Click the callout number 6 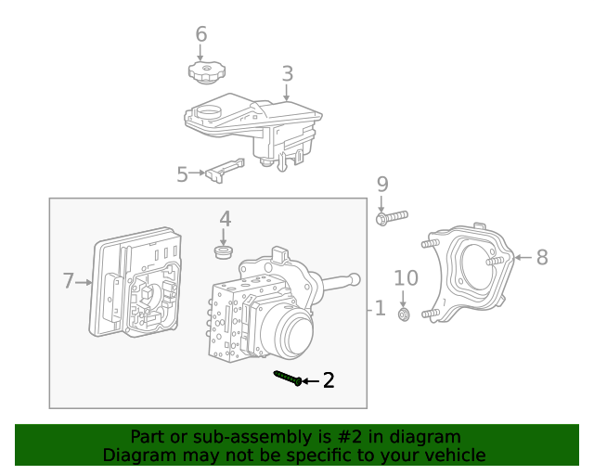click(200, 35)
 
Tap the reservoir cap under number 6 click(201, 71)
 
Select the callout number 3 click(288, 73)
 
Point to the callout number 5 click(182, 173)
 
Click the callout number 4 click(225, 219)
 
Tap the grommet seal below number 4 click(223, 251)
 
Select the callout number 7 click(68, 280)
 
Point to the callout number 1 click(380, 308)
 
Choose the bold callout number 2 click(328, 380)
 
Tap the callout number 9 click(381, 185)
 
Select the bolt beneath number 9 click(393, 218)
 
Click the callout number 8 click(542, 257)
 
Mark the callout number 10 click(407, 277)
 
